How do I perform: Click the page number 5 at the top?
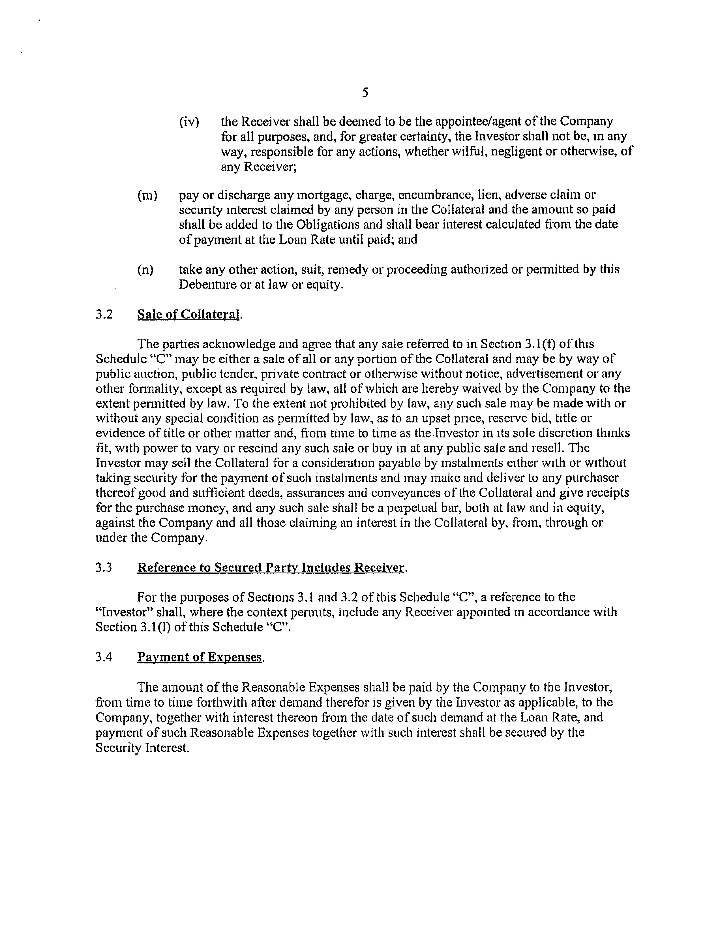click(365, 93)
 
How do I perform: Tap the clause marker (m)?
click(147, 196)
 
